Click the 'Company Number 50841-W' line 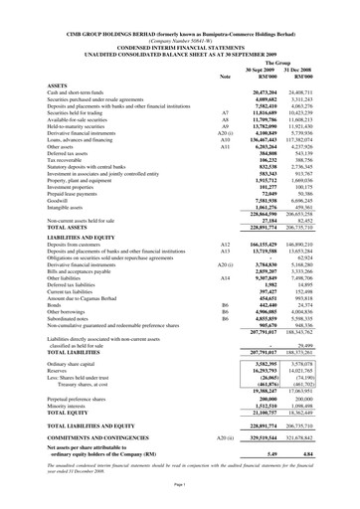pos(179,18)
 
